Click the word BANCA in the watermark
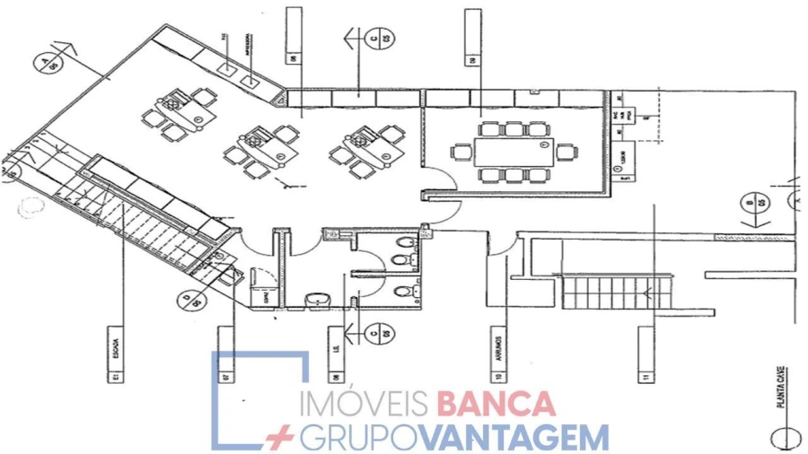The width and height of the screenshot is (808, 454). [x=495, y=403]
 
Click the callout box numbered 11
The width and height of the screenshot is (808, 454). [x=645, y=354]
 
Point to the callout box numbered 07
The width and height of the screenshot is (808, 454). [x=225, y=354]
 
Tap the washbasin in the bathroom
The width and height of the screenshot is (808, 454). [x=315, y=299]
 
